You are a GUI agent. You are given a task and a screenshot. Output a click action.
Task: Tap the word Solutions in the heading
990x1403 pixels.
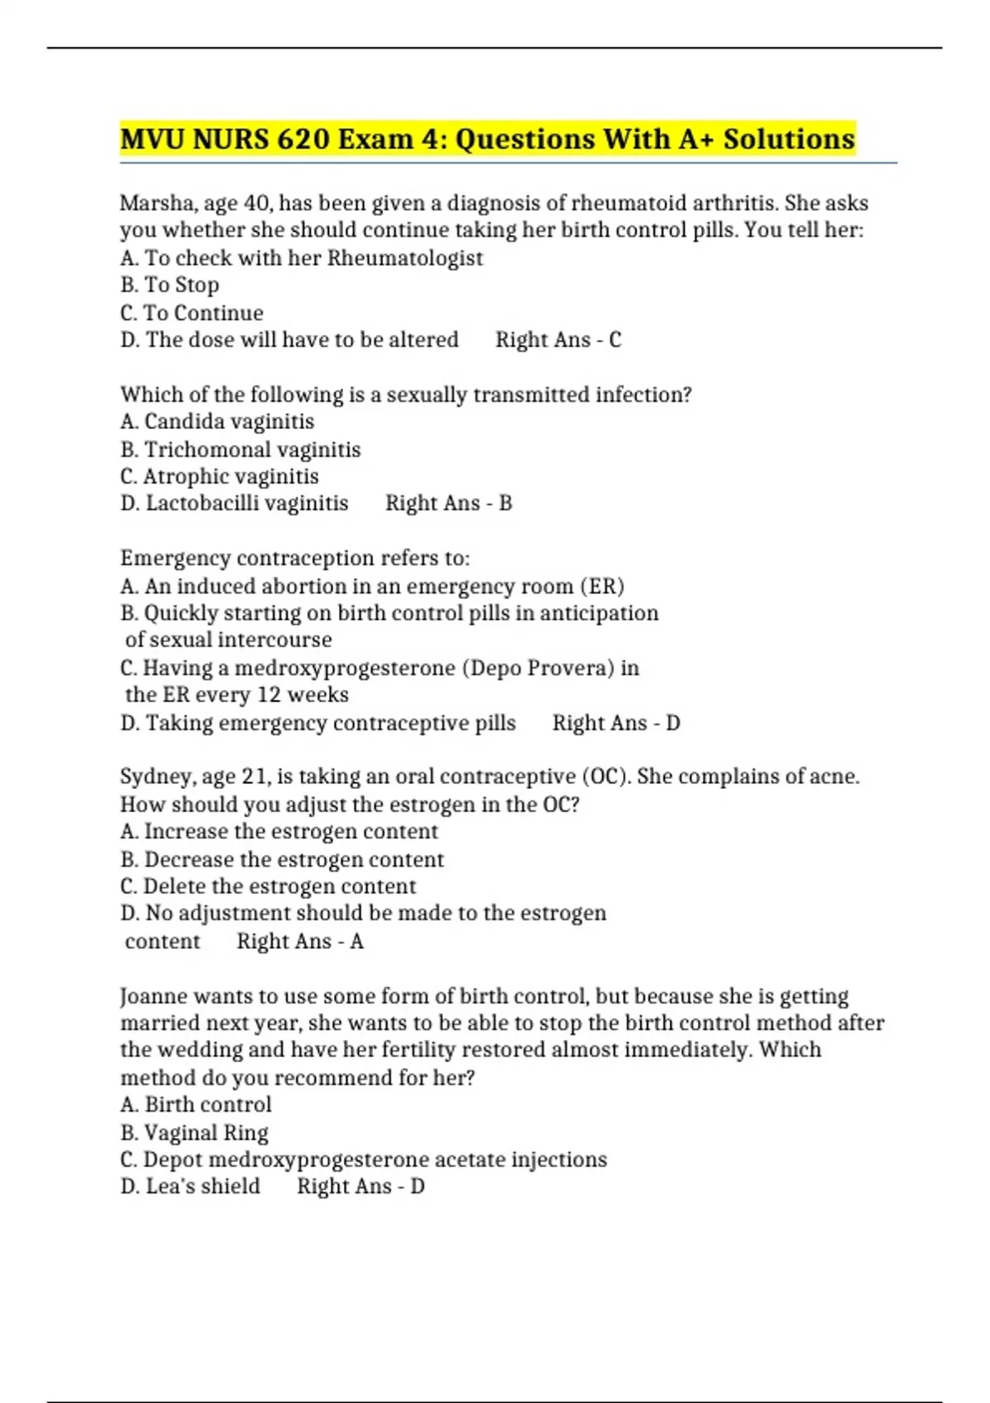coord(789,139)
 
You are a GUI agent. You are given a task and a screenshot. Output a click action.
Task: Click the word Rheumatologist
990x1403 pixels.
coord(405,258)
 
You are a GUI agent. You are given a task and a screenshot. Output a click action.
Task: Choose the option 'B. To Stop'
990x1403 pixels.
coord(170,286)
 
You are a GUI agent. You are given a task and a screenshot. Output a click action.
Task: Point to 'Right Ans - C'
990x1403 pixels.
coord(559,340)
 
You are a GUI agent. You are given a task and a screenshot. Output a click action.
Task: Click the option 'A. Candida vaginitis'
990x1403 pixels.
coord(217,422)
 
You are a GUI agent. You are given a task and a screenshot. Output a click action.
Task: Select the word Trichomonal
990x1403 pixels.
coord(196,450)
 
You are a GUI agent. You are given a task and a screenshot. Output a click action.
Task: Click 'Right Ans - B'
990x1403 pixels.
coord(449,503)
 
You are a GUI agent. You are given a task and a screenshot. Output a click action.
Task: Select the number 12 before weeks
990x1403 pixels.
coord(269,695)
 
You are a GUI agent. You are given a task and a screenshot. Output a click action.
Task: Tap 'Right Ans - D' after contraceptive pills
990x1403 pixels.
coord(616,723)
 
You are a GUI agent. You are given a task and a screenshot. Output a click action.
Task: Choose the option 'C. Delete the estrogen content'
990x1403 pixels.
coord(268,886)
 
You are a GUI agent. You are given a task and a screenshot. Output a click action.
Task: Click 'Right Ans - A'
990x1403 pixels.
coord(300,942)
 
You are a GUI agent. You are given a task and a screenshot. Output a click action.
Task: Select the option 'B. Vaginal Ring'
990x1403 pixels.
coord(195,1133)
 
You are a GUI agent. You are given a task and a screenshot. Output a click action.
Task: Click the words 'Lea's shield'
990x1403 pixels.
coord(203,1187)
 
